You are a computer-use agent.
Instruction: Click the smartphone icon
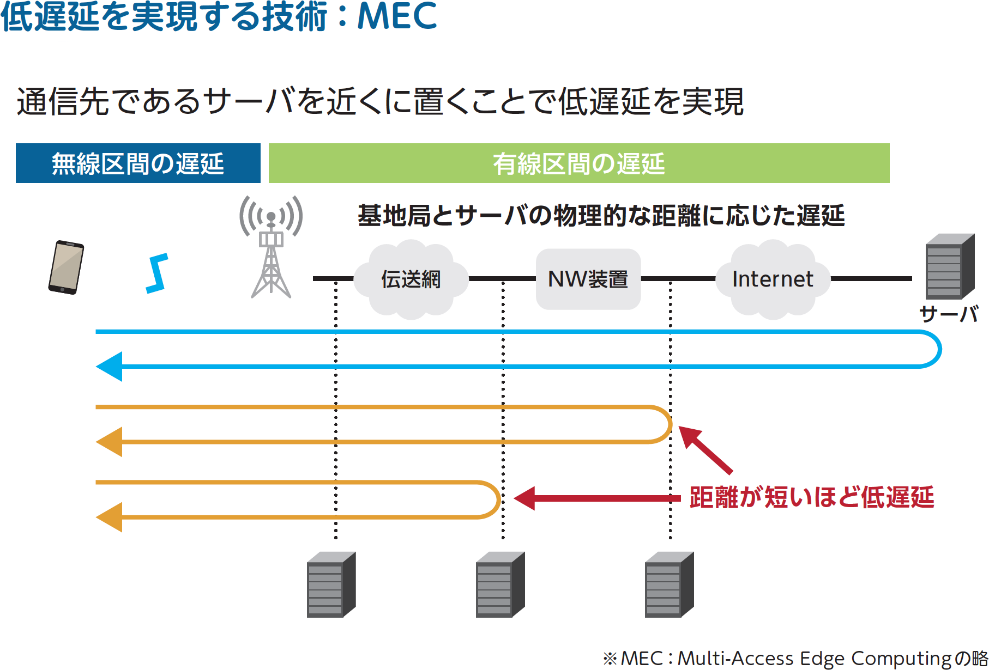[66, 267]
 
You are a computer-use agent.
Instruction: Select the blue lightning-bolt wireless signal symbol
[157, 273]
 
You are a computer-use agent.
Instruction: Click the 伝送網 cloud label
[411, 279]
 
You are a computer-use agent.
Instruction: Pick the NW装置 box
[588, 279]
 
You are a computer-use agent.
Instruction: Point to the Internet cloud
[773, 279]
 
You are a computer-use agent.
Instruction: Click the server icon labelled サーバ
[950, 266]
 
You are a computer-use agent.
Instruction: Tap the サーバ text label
[949, 314]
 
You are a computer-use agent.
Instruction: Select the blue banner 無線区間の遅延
[138, 163]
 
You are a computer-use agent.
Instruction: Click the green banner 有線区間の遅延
[579, 163]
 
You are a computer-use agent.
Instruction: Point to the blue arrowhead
[109, 367]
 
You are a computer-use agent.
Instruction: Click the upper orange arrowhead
[109, 442]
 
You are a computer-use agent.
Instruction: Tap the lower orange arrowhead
[109, 517]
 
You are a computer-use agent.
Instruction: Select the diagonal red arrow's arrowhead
[689, 437]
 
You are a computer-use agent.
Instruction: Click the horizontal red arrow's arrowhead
[524, 498]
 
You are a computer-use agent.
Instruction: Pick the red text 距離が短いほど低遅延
[812, 497]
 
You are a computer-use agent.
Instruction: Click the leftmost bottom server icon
[331, 584]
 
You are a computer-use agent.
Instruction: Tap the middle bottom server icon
[500, 584]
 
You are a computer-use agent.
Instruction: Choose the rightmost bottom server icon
[670, 584]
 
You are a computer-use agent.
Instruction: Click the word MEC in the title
[397, 16]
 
